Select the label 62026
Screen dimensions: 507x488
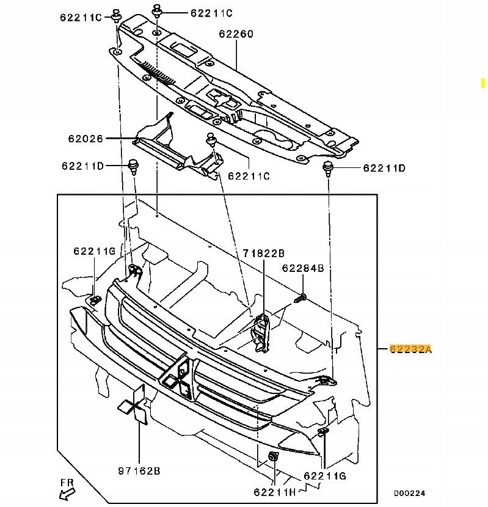point(86,139)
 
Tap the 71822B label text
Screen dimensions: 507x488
point(263,253)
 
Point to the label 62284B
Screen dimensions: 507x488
point(302,268)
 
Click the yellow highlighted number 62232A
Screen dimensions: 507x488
point(411,349)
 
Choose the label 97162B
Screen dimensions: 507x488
point(139,471)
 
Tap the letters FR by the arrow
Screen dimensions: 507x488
point(67,482)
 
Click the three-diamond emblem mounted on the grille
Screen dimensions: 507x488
point(178,377)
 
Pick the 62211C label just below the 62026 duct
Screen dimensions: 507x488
point(249,177)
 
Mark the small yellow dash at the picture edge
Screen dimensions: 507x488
point(483,81)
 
